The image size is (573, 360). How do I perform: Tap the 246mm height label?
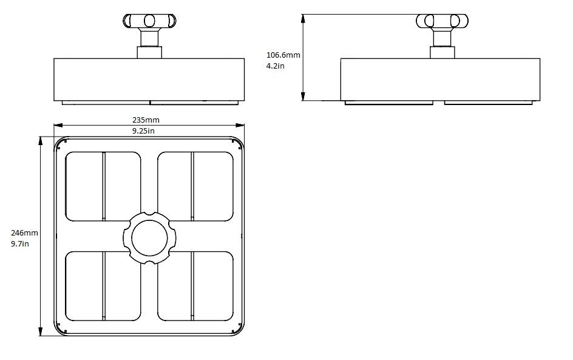(24, 233)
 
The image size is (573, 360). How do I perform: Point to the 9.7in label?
(20, 243)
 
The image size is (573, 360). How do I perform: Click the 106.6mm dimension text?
(283, 55)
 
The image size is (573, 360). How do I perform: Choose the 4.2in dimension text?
(275, 66)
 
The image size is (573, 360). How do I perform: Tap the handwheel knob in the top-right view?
(442, 21)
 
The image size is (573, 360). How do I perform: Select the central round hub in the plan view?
(149, 237)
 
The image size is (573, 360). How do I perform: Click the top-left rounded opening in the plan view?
(103, 186)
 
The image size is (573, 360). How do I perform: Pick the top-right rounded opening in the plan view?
(195, 186)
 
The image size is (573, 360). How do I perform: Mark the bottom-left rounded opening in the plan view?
(103, 286)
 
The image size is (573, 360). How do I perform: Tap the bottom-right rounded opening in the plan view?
(195, 286)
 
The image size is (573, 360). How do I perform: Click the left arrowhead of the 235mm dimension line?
(56, 126)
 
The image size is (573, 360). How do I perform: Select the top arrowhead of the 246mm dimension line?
(41, 139)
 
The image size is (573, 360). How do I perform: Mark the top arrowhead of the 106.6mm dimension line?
(303, 17)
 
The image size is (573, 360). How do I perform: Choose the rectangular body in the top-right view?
(440, 79)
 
